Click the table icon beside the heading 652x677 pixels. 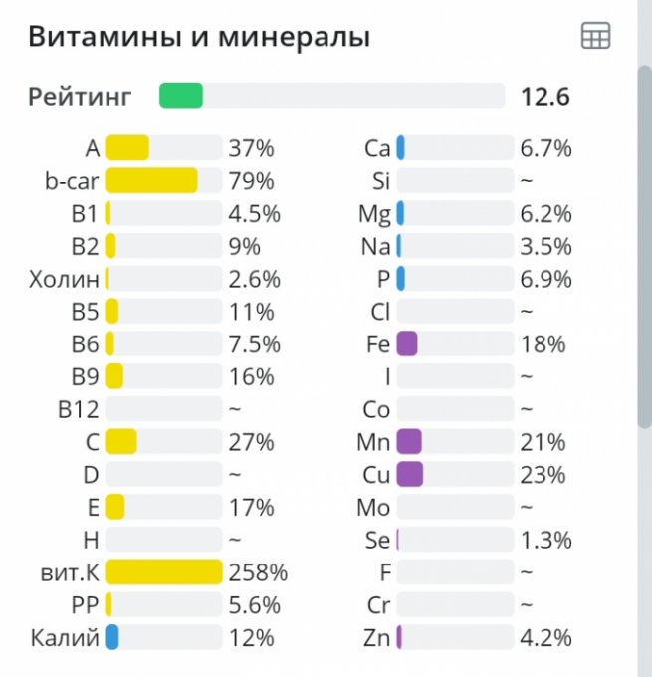tap(595, 37)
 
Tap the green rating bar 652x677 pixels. tap(181, 96)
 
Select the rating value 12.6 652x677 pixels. tap(544, 97)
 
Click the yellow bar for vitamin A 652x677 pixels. tap(127, 148)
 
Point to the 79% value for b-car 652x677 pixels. tap(251, 181)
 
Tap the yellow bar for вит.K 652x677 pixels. tap(163, 571)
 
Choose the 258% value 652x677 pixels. tap(258, 572)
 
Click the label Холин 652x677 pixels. tap(65, 279)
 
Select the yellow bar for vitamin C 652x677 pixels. tap(120, 441)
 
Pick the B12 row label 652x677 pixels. tap(79, 408)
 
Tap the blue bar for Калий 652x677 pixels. tap(112, 637)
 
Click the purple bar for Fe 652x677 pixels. tap(406, 343)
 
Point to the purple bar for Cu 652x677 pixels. tap(409, 474)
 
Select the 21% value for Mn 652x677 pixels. tap(543, 441)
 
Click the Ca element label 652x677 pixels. tap(377, 149)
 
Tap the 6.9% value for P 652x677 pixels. tap(545, 279)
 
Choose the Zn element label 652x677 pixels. tap(377, 637)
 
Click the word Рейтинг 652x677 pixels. tap(79, 97)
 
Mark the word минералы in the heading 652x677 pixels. tap(298, 38)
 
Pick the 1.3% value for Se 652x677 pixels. tap(545, 540)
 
